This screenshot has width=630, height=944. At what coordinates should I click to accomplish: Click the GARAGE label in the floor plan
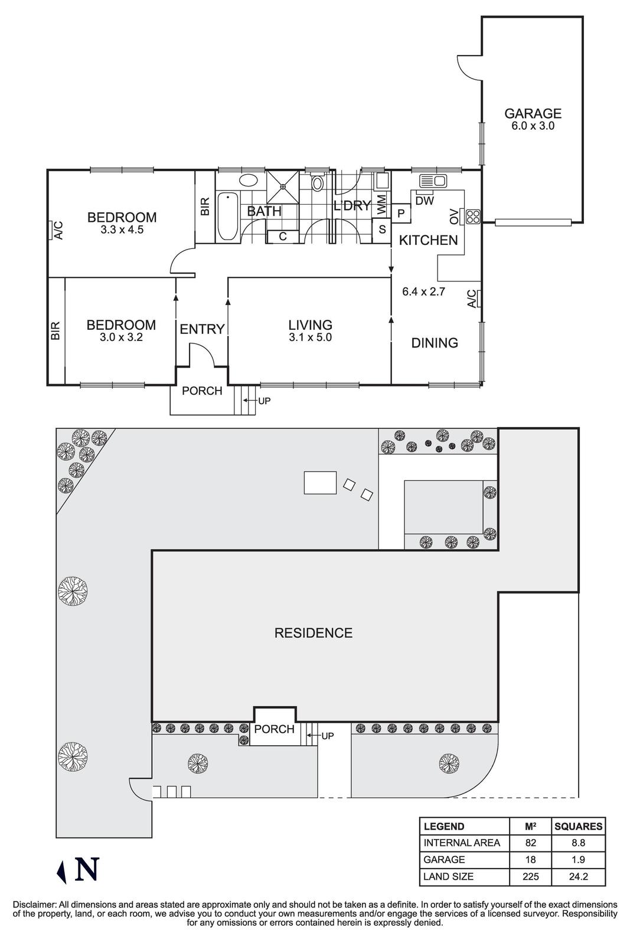(x=532, y=113)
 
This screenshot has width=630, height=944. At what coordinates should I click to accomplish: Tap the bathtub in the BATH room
(x=227, y=217)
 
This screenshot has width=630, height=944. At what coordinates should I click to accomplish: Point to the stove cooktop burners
(x=473, y=216)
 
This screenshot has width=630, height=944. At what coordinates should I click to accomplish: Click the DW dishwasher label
(x=424, y=201)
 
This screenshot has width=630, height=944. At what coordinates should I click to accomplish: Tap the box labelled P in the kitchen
(x=401, y=214)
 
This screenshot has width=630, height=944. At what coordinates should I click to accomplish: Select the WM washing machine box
(x=381, y=205)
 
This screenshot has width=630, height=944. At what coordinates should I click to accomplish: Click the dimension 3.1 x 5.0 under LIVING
(x=310, y=337)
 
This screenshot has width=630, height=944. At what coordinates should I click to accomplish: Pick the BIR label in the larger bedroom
(x=205, y=206)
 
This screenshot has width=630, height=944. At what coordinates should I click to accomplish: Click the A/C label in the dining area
(x=472, y=299)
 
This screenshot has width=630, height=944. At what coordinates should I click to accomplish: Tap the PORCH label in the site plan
(x=274, y=729)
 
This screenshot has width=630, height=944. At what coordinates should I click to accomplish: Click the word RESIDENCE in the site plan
(x=313, y=633)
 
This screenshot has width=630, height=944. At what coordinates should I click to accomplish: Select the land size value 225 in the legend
(x=530, y=877)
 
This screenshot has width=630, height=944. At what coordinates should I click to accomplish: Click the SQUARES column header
(x=578, y=827)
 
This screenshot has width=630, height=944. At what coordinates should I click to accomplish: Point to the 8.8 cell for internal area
(x=578, y=843)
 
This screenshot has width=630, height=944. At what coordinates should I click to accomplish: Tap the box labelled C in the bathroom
(x=282, y=237)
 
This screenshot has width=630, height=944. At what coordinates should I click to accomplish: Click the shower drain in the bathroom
(x=283, y=187)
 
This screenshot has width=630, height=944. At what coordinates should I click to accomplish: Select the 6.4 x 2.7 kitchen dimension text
(x=423, y=291)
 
